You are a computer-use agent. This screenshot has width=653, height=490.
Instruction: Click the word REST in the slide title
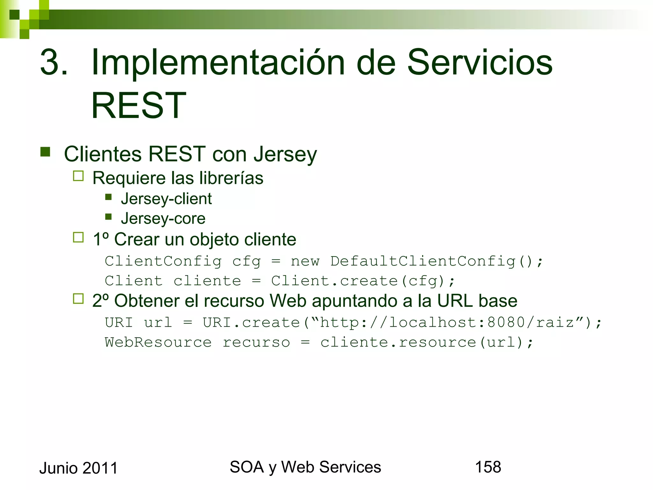[x=138, y=106]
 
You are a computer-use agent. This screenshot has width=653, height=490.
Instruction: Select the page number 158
[x=488, y=467]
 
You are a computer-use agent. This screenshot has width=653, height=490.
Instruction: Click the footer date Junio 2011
[x=78, y=468]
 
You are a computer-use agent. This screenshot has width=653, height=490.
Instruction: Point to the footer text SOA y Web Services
[x=305, y=467]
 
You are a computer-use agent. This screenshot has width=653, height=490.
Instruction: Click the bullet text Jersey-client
[x=166, y=199]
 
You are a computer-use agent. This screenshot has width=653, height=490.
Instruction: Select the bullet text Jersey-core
[x=163, y=219]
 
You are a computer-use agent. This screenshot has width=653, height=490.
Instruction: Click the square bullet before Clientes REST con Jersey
[x=46, y=152]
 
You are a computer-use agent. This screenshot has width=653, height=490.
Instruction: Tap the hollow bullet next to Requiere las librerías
[x=78, y=176]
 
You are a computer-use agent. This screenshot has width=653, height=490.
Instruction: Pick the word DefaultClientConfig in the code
[x=423, y=261]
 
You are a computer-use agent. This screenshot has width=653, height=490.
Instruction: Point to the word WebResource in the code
[x=158, y=343]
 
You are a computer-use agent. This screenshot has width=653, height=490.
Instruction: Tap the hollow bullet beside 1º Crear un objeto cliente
[x=78, y=237]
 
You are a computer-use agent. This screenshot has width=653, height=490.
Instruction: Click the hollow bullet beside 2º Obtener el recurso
[x=78, y=299]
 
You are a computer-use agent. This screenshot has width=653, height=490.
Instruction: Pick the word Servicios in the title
[x=480, y=63]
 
